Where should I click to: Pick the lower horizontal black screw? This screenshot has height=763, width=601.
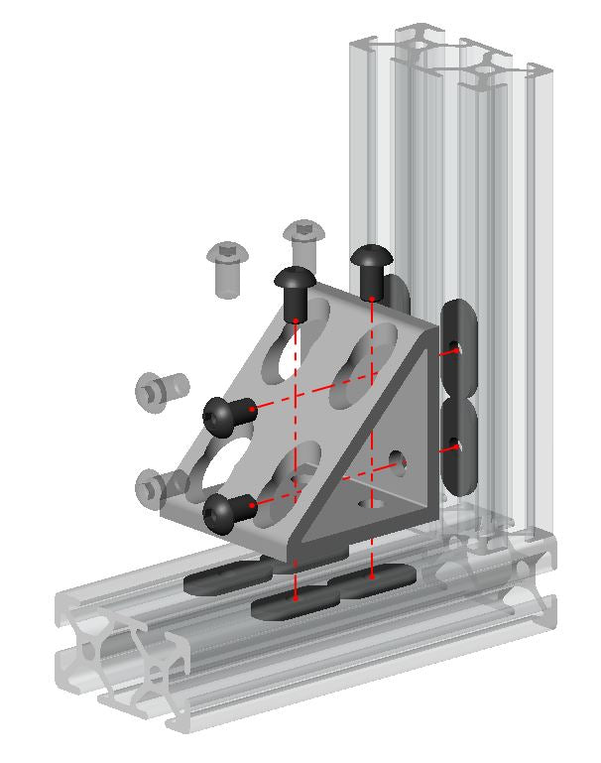(226, 512)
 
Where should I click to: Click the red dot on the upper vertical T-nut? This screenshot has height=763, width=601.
(455, 350)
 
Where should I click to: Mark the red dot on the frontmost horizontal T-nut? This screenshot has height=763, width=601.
(296, 598)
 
